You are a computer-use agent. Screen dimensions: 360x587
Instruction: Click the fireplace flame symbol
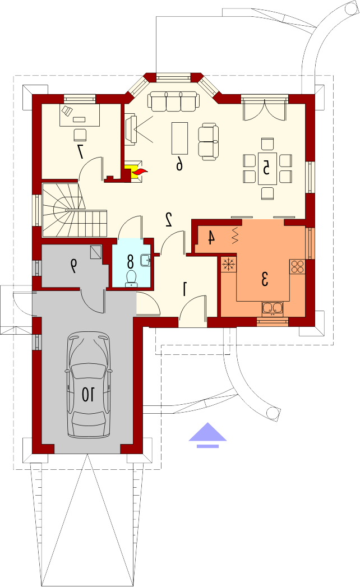point(139,172)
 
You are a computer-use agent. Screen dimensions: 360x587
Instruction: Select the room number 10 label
point(89,394)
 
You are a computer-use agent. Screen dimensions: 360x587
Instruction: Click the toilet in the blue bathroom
point(131,279)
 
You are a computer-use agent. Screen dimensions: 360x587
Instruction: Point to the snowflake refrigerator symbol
point(228,264)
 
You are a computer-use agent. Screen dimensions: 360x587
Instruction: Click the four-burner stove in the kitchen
point(297,266)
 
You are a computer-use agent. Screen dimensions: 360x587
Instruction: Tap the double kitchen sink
point(273,308)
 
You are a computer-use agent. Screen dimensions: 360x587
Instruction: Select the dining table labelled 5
point(267,168)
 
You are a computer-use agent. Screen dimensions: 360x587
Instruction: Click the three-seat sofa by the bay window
point(173,101)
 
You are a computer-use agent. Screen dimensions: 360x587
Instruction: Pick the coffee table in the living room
point(179,138)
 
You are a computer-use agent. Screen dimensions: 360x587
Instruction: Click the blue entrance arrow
point(207,435)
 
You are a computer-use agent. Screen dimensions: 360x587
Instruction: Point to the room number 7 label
point(80,151)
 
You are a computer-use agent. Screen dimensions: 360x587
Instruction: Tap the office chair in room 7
point(80,135)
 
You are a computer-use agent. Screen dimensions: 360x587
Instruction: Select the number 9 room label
point(74,266)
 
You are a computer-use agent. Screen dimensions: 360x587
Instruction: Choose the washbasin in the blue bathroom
point(146,260)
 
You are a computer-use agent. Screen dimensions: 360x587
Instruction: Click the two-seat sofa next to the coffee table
point(208,142)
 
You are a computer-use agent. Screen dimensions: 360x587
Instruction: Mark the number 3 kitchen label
point(265,279)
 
